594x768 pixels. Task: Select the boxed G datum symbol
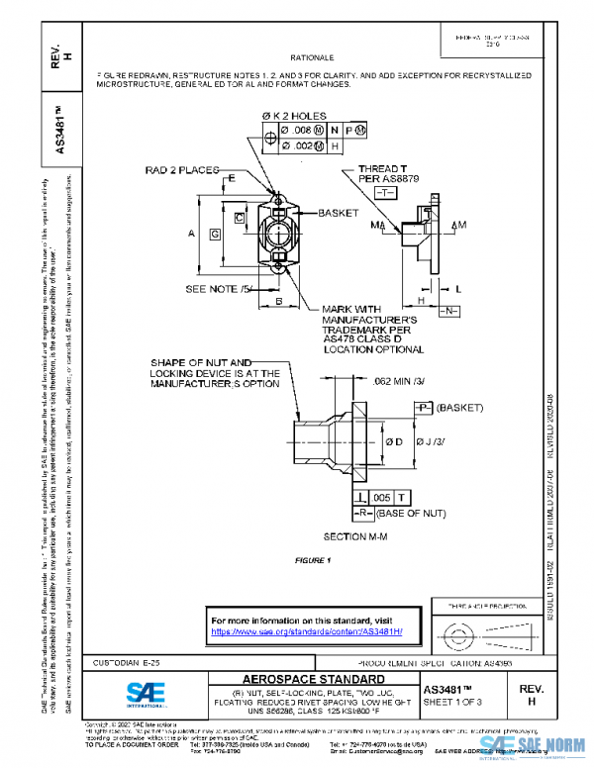(215, 234)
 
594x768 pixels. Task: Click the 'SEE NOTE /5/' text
(220, 289)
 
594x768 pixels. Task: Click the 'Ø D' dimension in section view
(393, 440)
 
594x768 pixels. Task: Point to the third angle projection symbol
(473, 629)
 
